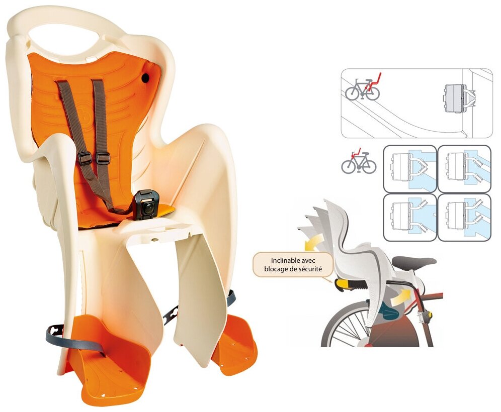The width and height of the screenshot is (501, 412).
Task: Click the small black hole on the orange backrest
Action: click(x=146, y=78)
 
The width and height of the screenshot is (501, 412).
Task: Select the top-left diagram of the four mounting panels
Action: click(x=409, y=168)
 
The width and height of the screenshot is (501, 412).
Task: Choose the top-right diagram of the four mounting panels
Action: click(x=464, y=168)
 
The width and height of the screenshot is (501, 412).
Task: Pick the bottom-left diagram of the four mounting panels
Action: click(x=409, y=217)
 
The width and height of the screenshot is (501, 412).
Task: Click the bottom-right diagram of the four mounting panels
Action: click(x=464, y=217)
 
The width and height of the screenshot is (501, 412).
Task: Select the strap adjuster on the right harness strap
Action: click(x=103, y=158)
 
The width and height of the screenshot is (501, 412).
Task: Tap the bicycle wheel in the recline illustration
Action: click(x=347, y=327)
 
